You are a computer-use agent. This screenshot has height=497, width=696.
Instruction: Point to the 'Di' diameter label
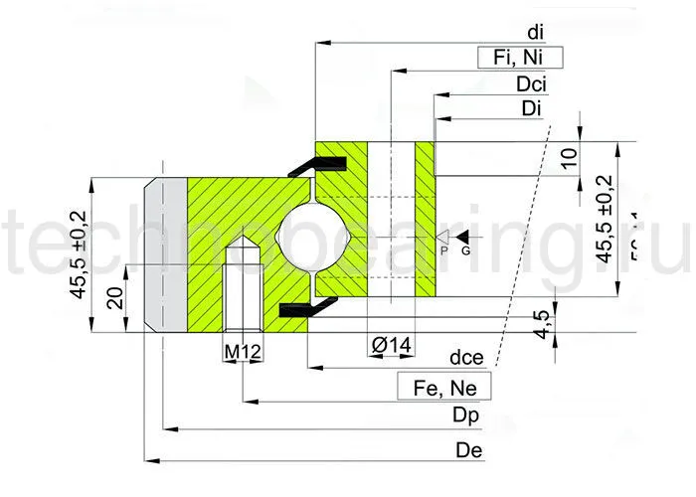[x=530, y=108]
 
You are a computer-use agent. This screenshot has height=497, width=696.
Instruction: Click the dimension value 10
[x=569, y=159]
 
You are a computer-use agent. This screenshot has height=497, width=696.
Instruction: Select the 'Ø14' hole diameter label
[x=391, y=345]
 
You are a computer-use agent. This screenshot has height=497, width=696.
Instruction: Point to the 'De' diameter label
[x=468, y=449]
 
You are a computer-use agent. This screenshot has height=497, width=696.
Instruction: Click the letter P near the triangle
[x=444, y=251]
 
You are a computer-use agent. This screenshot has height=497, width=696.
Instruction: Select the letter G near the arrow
[x=465, y=251]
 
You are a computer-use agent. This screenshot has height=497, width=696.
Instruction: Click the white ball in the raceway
[x=313, y=240]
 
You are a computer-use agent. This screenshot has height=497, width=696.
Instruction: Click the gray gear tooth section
[x=166, y=255]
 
